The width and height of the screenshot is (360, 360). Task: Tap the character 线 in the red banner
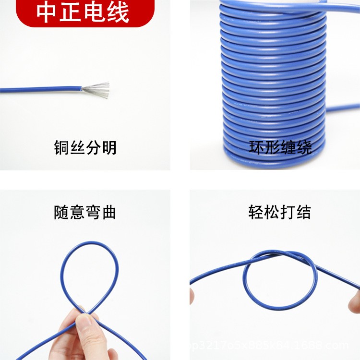click(x=118, y=12)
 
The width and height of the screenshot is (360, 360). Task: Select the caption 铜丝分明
click(x=85, y=147)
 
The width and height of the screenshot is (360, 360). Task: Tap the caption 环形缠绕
click(x=280, y=147)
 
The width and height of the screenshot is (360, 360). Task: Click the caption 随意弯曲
click(x=85, y=212)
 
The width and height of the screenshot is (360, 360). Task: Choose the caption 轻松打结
click(x=280, y=212)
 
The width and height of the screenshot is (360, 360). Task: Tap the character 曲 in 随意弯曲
click(x=109, y=212)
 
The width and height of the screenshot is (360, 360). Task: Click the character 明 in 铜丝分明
click(x=109, y=147)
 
